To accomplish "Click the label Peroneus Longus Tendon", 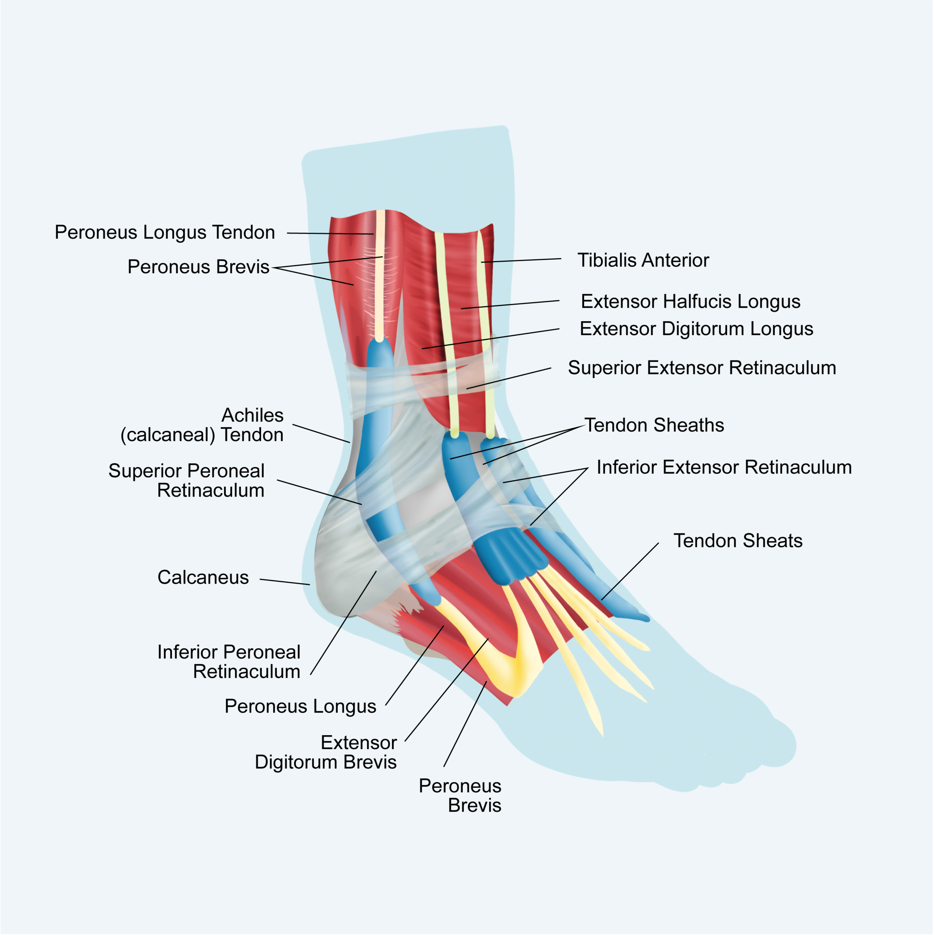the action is pyautogui.click(x=165, y=233).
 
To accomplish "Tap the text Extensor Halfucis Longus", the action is pyautogui.click(x=691, y=301).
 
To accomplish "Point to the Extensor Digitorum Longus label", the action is pyautogui.click(x=696, y=329).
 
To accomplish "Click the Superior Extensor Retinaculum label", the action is pyautogui.click(x=702, y=368).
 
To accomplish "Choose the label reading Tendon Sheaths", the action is pyautogui.click(x=654, y=425).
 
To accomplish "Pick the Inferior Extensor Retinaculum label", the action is pyautogui.click(x=724, y=467).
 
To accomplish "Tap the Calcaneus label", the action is pyautogui.click(x=203, y=577).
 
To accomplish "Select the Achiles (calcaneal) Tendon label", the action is pyautogui.click(x=202, y=425).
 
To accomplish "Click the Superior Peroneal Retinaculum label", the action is pyautogui.click(x=187, y=481).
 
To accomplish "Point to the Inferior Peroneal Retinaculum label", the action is pyautogui.click(x=229, y=662).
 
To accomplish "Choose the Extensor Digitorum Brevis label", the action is pyautogui.click(x=326, y=752).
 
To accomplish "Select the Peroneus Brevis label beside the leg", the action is pyautogui.click(x=199, y=267).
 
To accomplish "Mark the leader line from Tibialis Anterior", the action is pyautogui.click(x=521, y=260).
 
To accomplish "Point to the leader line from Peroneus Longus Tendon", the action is pyautogui.click(x=330, y=234).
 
